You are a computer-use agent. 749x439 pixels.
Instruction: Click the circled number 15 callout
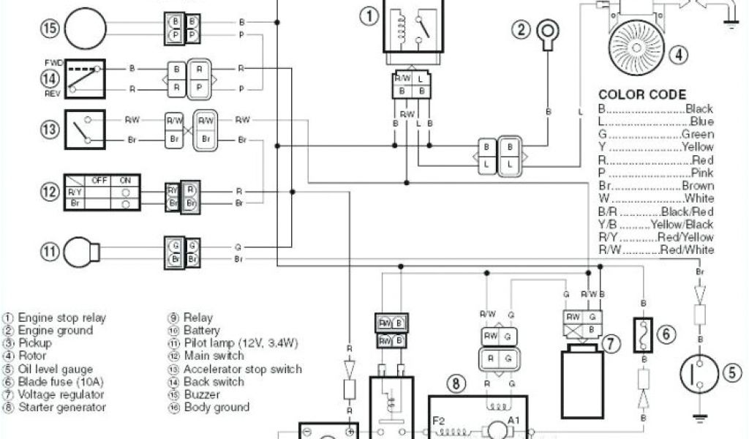point(48,29)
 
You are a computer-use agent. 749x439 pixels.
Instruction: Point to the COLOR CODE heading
point(642,94)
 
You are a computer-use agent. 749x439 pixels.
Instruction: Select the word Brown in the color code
point(698,186)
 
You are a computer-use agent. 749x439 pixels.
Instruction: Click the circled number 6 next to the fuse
point(665,334)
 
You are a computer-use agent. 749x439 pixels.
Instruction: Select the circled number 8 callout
point(456,382)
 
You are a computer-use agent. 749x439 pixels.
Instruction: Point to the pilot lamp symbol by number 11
point(82,252)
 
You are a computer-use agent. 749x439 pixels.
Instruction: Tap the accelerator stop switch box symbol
point(85,129)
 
